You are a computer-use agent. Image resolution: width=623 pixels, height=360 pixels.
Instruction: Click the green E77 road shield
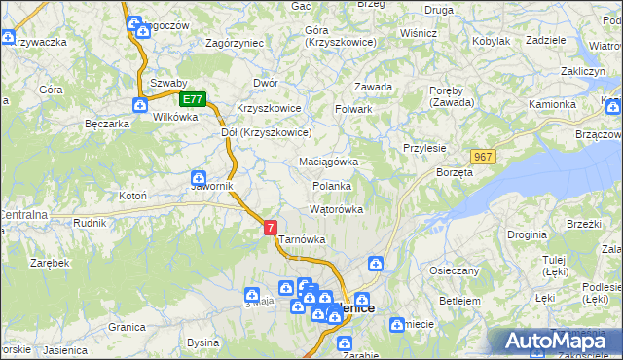[x=193, y=99]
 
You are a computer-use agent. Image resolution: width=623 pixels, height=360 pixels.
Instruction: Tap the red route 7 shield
[x=271, y=226]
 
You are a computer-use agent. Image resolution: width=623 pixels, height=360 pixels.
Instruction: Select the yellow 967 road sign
[x=483, y=157]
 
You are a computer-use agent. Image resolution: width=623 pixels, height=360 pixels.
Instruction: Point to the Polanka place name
[x=331, y=186]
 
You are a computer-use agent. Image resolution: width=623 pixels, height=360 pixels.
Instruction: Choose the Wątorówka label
[x=336, y=209]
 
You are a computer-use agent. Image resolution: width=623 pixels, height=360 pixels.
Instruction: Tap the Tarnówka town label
[x=302, y=239]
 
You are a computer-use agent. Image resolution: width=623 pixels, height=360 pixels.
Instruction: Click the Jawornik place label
[x=210, y=187]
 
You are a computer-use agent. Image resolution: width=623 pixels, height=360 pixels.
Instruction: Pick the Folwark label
[x=354, y=109]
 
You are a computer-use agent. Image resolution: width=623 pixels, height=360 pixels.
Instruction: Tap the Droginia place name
[x=526, y=234]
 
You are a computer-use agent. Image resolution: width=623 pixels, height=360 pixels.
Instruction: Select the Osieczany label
[x=456, y=270]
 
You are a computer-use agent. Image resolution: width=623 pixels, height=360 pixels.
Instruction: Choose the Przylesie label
[x=424, y=148]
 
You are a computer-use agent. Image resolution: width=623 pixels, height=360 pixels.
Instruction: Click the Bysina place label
[x=202, y=342]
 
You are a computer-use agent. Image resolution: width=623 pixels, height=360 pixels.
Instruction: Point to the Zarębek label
[x=49, y=263]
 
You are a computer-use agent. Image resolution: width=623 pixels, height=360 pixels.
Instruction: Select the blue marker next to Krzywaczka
[x=9, y=38]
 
